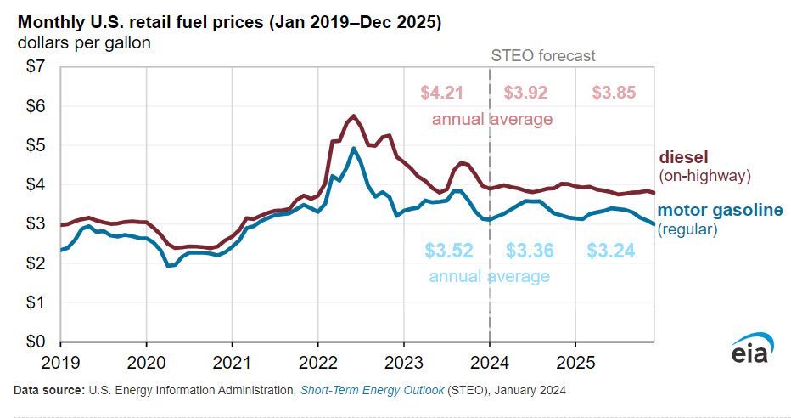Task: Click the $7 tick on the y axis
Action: pos(36,68)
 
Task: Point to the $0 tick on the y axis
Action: pos(36,342)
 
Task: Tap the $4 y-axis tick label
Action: pos(36,184)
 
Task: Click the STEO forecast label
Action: pos(544,56)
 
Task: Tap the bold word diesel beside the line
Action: pos(684,158)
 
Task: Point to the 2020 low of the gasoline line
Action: pos(169,265)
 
